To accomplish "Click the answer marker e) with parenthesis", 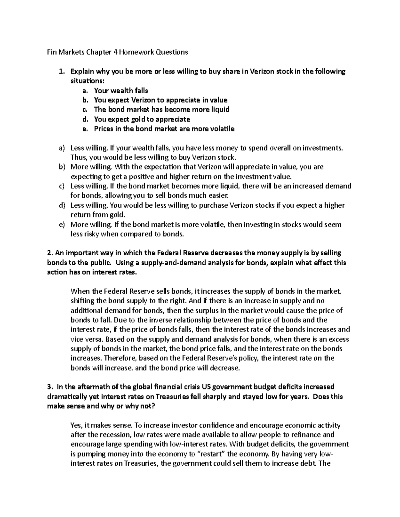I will [61, 224].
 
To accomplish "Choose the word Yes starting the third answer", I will [76, 425].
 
